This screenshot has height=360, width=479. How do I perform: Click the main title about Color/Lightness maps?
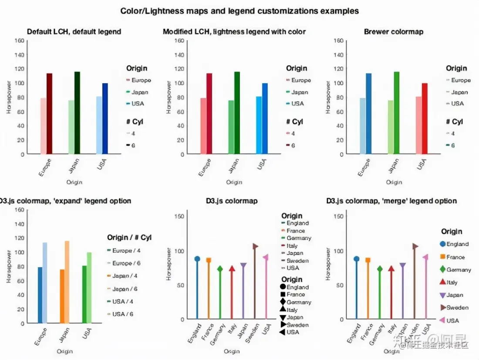point(239,10)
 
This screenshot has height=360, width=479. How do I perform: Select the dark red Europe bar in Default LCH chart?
point(49,113)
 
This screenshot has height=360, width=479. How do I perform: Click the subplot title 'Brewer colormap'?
point(393,31)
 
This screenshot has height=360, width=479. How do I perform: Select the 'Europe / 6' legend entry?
point(126,263)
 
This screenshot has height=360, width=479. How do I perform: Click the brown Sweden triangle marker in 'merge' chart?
point(415,246)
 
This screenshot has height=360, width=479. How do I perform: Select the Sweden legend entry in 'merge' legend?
point(457,307)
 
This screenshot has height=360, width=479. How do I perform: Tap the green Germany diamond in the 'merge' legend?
point(443,270)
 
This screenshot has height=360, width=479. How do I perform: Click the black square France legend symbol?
point(283,295)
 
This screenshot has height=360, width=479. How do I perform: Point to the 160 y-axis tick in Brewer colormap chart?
point(338,41)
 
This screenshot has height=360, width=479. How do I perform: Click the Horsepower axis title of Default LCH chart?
point(9,98)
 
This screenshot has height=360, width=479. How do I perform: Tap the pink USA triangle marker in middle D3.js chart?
point(266,257)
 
